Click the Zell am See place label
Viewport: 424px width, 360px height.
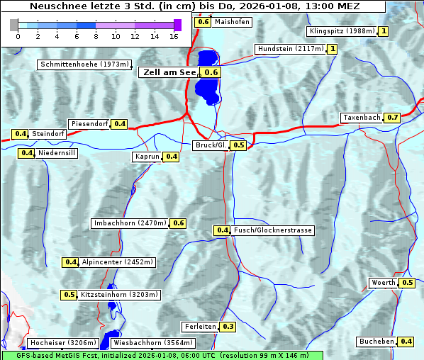[169, 72]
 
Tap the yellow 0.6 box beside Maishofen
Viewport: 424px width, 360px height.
[203, 21]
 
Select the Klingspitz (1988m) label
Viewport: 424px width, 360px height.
[341, 31]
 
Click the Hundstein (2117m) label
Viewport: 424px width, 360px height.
[291, 49]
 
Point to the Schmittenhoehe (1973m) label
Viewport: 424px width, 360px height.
[84, 64]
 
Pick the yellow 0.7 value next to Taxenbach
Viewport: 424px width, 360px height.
[393, 117]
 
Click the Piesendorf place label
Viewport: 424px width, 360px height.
[90, 124]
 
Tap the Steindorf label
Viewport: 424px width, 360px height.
[48, 134]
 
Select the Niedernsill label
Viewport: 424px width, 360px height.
[57, 152]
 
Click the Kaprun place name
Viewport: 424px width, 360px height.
[147, 157]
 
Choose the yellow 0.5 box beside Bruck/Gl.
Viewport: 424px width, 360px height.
[238, 145]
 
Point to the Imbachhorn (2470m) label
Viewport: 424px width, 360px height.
[130, 223]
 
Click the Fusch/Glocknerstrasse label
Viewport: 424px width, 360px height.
[272, 230]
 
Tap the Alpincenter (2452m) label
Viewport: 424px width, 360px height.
[117, 262]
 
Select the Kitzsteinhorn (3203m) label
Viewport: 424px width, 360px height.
[120, 295]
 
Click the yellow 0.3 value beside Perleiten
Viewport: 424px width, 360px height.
[228, 327]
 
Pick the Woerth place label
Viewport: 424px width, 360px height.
[384, 283]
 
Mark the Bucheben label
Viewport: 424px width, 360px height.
[376, 342]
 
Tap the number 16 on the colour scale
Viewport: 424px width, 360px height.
[174, 36]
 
